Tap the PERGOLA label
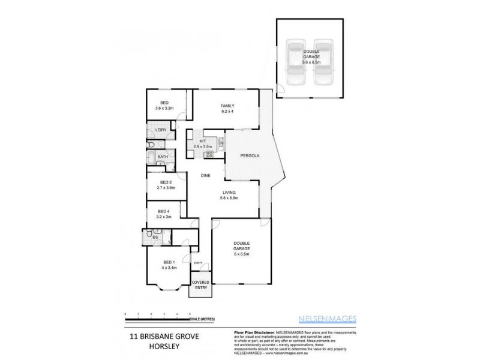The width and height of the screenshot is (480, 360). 250,156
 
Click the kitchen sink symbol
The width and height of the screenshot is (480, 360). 221,143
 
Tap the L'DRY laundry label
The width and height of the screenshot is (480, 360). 160,130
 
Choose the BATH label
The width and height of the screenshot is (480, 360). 163,158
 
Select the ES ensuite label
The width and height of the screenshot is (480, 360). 155,238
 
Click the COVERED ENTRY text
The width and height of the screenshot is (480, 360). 199,286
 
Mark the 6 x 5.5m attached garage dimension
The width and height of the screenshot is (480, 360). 242,254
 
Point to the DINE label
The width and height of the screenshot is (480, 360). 205,176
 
